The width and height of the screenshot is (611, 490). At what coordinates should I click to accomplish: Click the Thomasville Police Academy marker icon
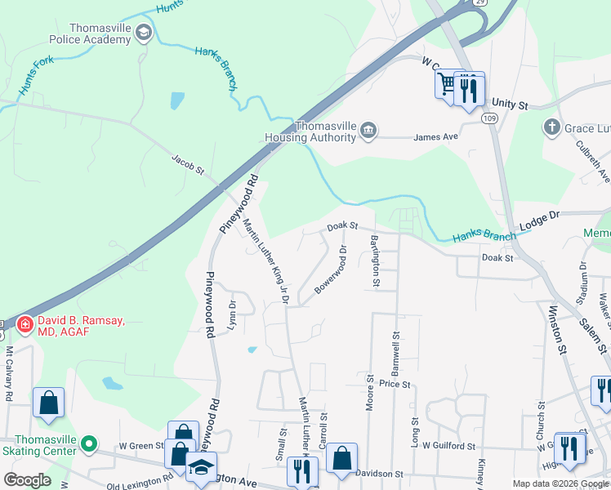(x=145, y=33)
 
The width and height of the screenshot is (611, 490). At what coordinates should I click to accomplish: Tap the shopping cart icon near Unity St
(x=446, y=84)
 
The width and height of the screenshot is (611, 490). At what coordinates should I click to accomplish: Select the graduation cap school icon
(x=198, y=469)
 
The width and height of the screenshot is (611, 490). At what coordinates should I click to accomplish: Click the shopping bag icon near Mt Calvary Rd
(x=48, y=402)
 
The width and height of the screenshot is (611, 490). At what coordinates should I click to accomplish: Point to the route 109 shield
(x=488, y=118)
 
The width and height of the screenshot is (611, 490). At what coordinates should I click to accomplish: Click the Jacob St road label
(x=187, y=164)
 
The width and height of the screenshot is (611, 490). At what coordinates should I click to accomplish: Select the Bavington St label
(x=375, y=261)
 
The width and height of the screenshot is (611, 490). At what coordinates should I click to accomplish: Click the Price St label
(x=394, y=383)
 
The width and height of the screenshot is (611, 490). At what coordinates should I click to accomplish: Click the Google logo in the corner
(x=27, y=480)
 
